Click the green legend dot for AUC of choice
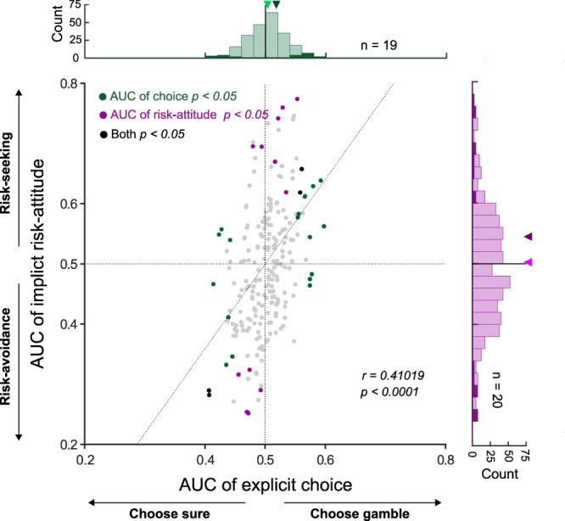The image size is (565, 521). click(103, 97)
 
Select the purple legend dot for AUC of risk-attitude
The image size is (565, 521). click(103, 115)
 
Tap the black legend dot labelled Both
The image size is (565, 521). click(103, 134)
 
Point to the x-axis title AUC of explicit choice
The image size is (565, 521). click(265, 484)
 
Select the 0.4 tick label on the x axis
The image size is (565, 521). click(204, 459)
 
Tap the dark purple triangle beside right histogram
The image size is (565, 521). click(528, 237)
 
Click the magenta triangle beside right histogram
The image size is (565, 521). click(529, 263)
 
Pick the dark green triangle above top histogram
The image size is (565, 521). click(275, 5)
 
